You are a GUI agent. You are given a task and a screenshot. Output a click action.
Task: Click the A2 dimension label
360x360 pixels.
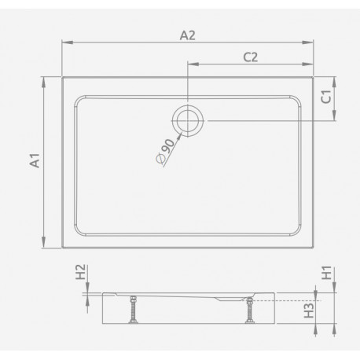tap(188, 35)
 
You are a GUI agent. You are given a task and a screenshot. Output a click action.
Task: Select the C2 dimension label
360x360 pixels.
tap(251, 57)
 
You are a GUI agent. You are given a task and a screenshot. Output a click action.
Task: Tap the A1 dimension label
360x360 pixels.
tap(35, 160)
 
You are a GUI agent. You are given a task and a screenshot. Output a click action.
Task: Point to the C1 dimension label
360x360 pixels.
tap(326, 97)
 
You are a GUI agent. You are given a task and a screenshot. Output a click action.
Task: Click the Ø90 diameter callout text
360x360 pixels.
tap(165, 151)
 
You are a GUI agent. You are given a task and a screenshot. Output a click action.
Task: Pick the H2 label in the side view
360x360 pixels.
tap(81, 272)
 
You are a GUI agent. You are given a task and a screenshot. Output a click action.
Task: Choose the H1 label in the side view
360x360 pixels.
tap(327, 273)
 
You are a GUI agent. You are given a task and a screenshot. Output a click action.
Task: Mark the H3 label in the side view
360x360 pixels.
tap(309, 310)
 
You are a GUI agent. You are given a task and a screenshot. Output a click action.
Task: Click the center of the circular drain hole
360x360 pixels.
tap(188, 121)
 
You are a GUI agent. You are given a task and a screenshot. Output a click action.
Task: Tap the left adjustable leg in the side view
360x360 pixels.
tap(134, 310)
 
